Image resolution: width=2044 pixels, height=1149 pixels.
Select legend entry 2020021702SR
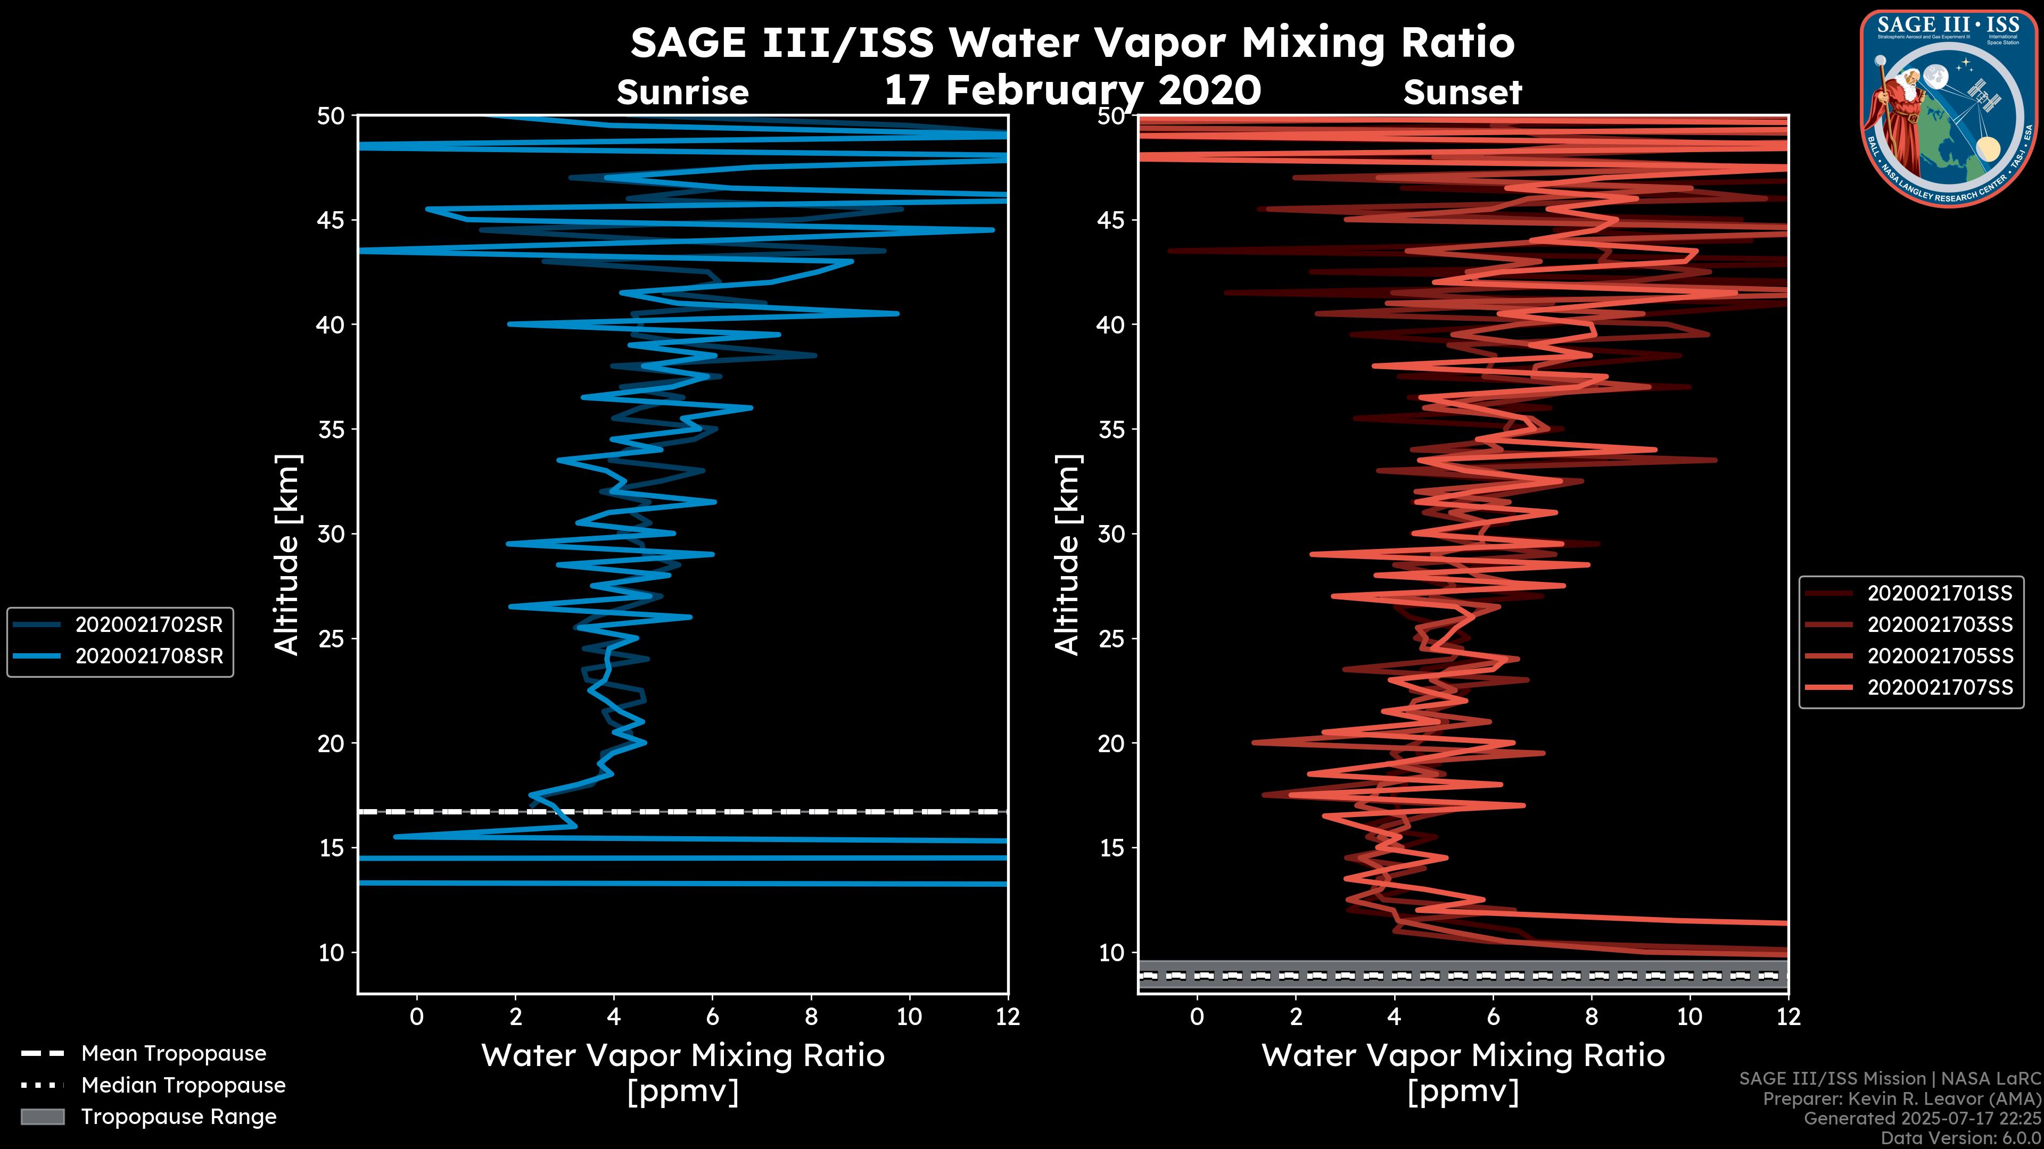click(x=149, y=625)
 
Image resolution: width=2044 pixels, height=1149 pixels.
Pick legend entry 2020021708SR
click(x=149, y=656)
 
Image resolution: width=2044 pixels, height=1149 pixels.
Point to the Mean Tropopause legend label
click(x=173, y=1054)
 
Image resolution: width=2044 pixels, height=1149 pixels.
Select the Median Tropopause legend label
click(x=183, y=1086)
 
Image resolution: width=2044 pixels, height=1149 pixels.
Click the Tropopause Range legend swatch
click(x=42, y=1117)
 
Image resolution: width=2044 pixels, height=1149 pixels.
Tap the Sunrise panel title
click(x=682, y=93)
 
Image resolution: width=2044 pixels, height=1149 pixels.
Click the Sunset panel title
click(x=1462, y=93)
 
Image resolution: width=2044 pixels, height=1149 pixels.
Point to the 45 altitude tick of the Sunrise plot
click(x=331, y=220)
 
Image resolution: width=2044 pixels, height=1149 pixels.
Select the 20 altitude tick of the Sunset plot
click(x=1111, y=744)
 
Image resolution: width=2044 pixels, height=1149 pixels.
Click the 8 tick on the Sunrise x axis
click(x=811, y=1017)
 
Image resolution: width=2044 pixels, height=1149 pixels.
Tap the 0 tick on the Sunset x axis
click(x=1197, y=1017)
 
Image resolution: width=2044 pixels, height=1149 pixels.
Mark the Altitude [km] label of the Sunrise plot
click(x=286, y=554)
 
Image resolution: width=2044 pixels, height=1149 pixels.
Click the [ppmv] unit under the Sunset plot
click(x=1462, y=1092)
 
